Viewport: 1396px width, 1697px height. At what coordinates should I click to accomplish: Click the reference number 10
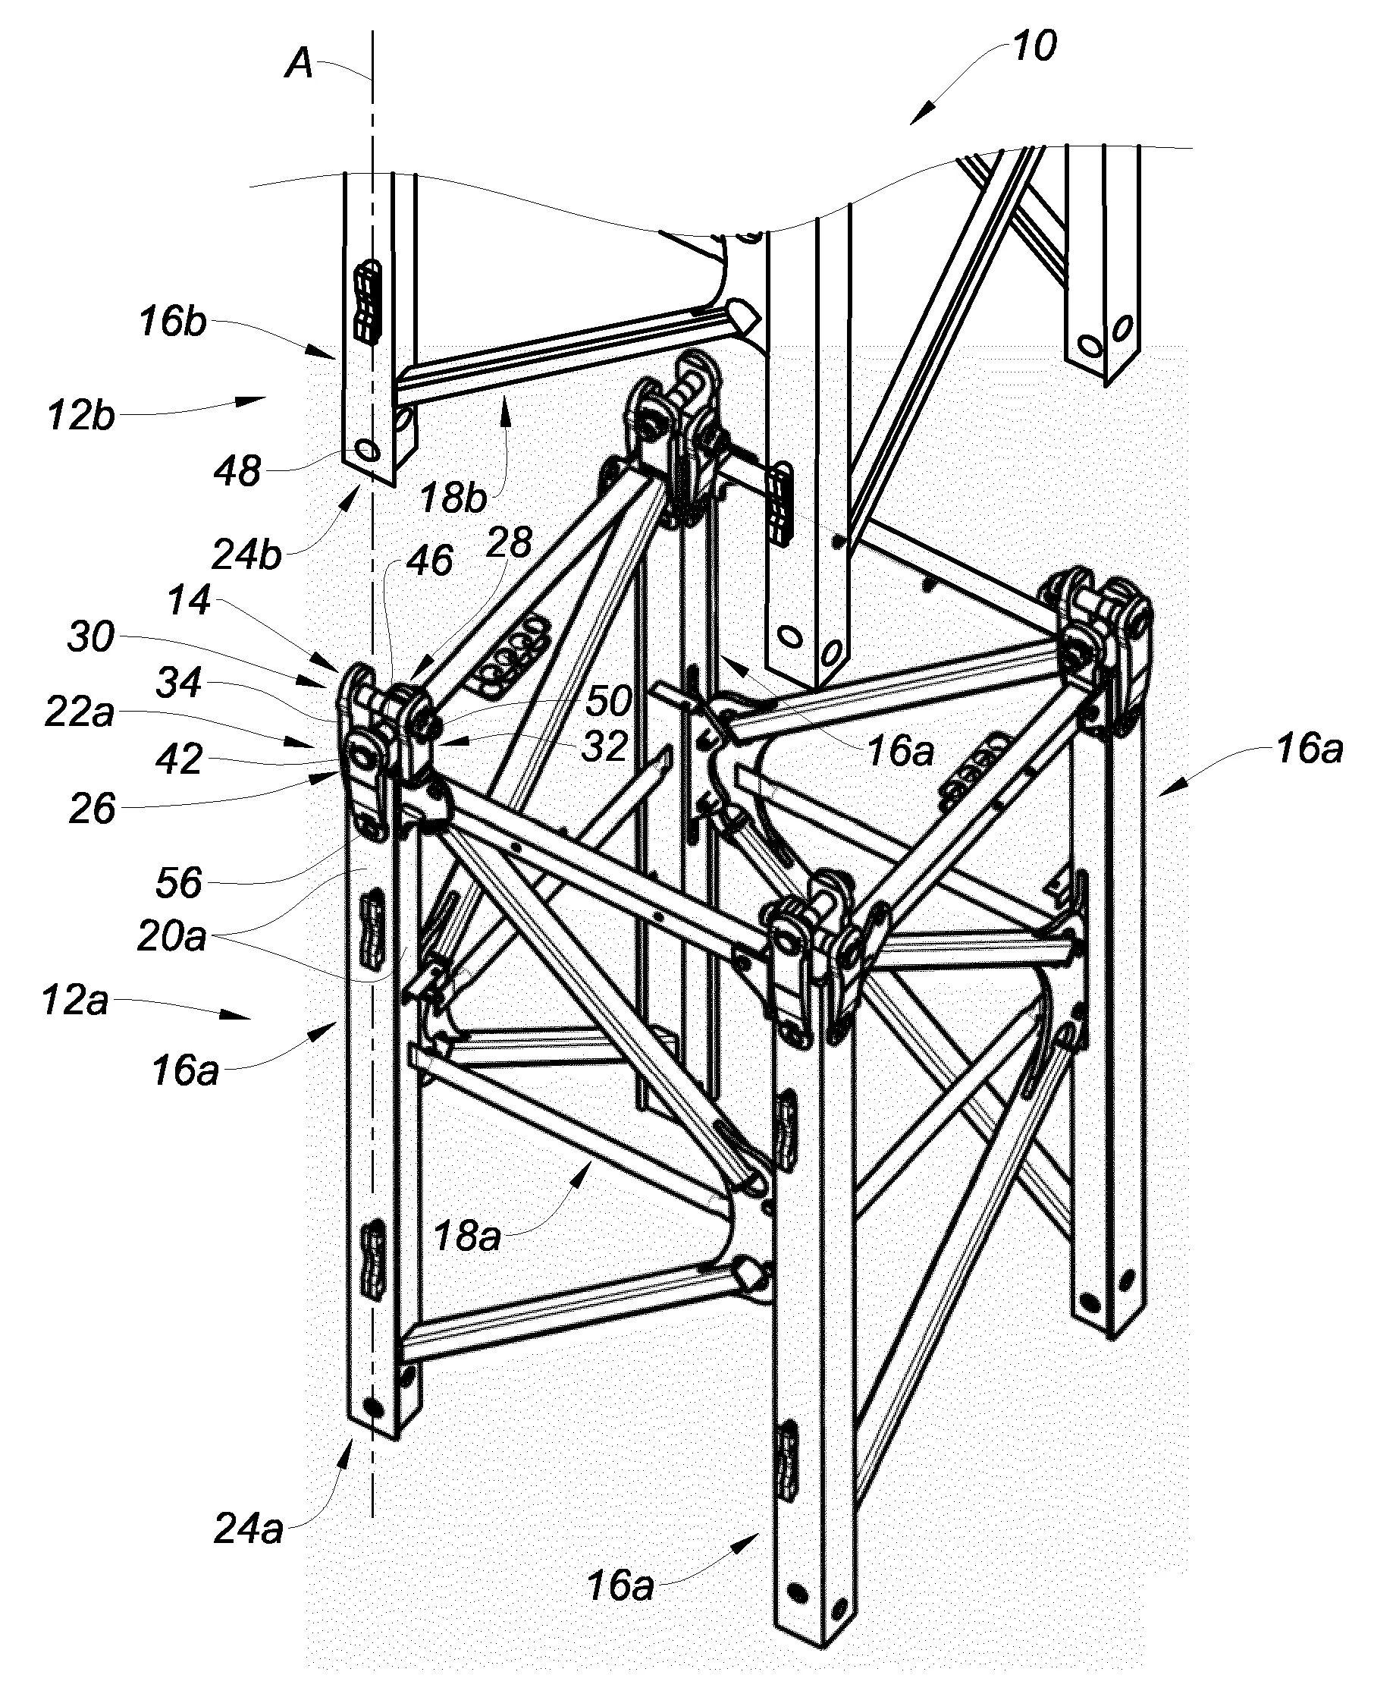1034,46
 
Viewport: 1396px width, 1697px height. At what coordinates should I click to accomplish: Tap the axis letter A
299,63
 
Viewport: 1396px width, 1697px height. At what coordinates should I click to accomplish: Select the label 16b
172,322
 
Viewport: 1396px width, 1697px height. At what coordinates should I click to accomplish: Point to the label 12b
80,416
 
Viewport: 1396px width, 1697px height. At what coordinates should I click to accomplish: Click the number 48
238,471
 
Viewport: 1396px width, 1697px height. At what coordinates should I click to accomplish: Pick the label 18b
453,498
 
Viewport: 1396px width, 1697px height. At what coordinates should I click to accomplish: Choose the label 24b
246,555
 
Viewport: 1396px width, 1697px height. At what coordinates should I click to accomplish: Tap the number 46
429,561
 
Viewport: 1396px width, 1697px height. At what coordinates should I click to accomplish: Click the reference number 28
509,543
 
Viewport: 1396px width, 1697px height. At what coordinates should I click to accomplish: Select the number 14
190,600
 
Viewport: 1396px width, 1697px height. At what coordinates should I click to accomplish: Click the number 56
178,883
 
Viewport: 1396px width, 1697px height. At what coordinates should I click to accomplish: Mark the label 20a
171,937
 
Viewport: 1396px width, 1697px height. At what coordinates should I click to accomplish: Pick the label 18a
467,1234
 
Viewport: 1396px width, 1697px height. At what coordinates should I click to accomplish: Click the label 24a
249,1528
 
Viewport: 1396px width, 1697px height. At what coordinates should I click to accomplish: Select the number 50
608,701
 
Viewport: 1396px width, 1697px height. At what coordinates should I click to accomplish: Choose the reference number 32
604,747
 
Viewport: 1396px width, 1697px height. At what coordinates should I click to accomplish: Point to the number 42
178,760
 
